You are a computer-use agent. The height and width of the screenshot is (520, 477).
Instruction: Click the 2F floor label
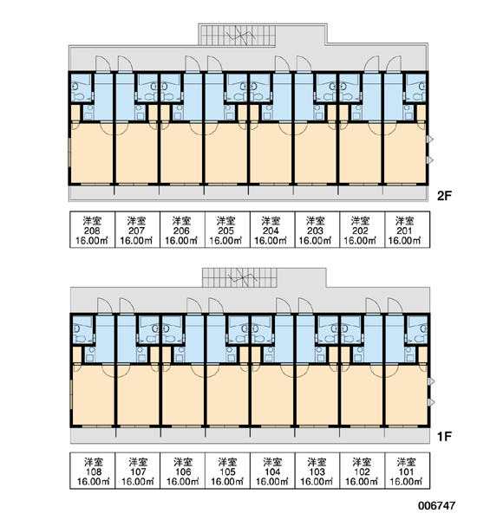click(x=444, y=196)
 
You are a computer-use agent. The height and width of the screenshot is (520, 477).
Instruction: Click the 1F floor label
click(x=444, y=437)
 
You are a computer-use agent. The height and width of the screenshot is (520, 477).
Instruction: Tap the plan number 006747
click(x=436, y=505)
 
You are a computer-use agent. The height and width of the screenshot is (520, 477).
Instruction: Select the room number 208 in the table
click(x=92, y=231)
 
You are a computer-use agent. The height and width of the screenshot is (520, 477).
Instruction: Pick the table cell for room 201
click(x=408, y=230)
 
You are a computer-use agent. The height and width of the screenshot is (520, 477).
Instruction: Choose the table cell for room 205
click(x=227, y=230)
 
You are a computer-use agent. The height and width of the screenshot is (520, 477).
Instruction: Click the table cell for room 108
click(x=93, y=471)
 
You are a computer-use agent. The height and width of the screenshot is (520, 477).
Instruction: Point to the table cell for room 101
click(x=408, y=471)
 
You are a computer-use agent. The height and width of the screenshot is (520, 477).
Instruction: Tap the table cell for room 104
click(x=272, y=471)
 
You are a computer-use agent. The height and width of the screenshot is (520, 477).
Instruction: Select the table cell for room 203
click(x=317, y=230)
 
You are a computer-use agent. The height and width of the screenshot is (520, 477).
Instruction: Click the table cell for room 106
click(x=183, y=471)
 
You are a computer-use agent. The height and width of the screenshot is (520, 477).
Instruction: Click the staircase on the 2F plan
click(x=237, y=35)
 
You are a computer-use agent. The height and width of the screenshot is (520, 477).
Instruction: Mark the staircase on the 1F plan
click(x=239, y=277)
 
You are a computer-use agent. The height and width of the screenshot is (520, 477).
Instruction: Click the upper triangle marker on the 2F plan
click(x=430, y=140)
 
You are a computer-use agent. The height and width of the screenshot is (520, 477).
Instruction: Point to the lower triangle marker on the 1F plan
click(x=431, y=403)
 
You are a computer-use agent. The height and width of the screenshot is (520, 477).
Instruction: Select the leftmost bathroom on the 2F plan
click(x=82, y=88)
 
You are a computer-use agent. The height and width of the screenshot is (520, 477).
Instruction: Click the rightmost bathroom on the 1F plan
click(x=417, y=328)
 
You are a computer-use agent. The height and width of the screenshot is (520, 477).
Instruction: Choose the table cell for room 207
click(x=137, y=230)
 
